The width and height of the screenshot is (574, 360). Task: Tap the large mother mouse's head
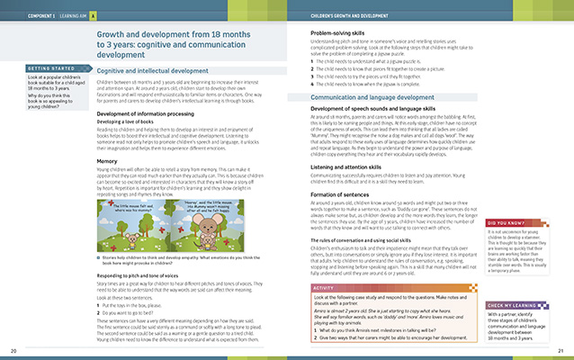224,220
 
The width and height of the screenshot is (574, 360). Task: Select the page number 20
13,350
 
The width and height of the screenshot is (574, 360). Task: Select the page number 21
560,350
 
